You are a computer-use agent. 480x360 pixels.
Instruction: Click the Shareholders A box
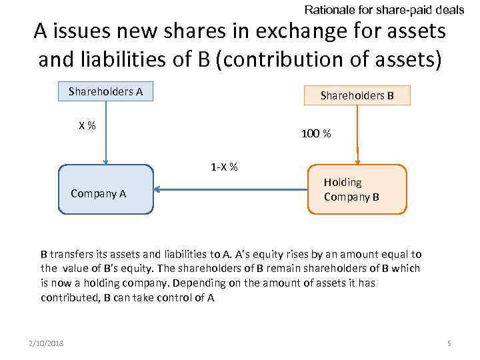[x=105, y=91]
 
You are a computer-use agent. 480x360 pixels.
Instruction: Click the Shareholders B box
[x=357, y=95]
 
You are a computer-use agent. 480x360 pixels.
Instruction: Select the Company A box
[x=105, y=190]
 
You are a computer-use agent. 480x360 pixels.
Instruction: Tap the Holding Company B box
[x=357, y=189]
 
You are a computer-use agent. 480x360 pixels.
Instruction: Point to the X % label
[x=87, y=125]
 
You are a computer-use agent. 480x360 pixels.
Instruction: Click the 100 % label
[x=316, y=134]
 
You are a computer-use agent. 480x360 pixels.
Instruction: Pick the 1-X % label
[x=224, y=167]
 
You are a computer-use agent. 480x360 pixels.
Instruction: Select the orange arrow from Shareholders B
[x=358, y=133]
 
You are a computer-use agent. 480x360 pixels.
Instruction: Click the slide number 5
[x=449, y=343]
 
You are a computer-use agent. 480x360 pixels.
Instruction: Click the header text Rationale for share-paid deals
[x=384, y=10]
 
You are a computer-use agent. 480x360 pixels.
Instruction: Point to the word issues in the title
[x=87, y=31]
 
